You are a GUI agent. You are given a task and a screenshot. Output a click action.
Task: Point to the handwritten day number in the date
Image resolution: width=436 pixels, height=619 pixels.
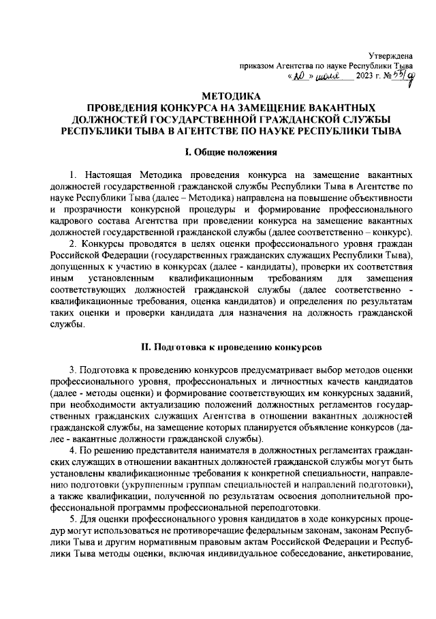click(x=301, y=76)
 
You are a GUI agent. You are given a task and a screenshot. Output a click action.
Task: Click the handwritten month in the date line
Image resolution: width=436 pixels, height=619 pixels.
click(x=332, y=76)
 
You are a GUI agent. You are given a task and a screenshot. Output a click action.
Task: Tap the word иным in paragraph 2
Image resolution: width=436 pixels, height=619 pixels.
click(x=62, y=280)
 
